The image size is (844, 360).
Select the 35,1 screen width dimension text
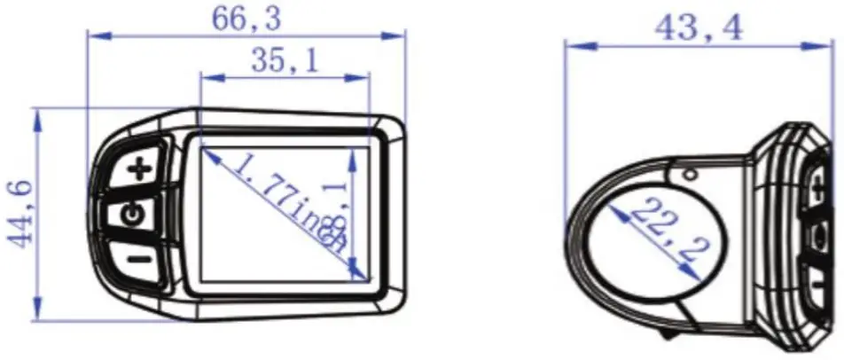(285, 61)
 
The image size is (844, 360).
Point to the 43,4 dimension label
(699, 27)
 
